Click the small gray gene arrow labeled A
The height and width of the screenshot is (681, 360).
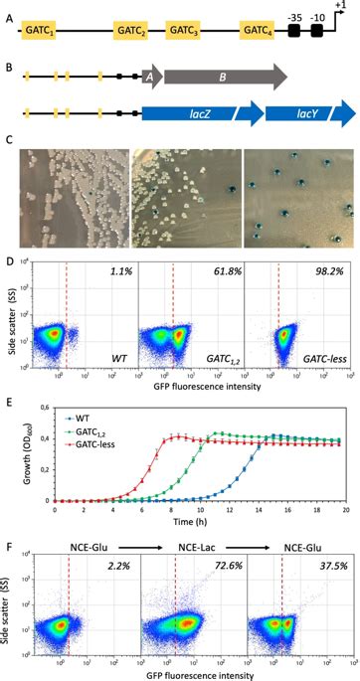150,76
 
